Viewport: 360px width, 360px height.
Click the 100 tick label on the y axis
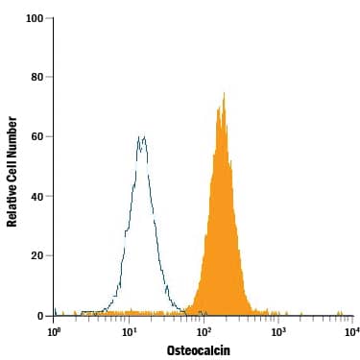click(x=34, y=18)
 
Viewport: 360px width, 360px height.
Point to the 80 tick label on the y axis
click(x=36, y=78)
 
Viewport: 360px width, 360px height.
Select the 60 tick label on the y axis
click(x=36, y=137)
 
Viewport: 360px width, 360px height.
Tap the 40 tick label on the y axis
click(x=36, y=197)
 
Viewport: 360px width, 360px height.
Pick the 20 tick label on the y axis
click(x=36, y=256)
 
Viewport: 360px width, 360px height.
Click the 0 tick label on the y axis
click(x=39, y=316)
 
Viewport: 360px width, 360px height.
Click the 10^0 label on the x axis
click(x=55, y=332)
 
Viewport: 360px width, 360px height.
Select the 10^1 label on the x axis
click(x=129, y=332)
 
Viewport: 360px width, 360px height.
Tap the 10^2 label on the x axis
click(x=204, y=332)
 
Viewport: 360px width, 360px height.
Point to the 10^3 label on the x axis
click(x=278, y=332)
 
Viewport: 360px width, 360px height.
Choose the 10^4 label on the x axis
click(x=351, y=332)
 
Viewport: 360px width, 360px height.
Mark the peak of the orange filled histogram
click(x=224, y=93)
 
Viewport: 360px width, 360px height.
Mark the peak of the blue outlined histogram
click(x=142, y=136)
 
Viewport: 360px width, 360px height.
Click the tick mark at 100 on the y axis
click(x=50, y=18)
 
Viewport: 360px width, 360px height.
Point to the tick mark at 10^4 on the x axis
click(x=352, y=319)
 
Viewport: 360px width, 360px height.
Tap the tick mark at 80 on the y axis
click(x=50, y=78)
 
